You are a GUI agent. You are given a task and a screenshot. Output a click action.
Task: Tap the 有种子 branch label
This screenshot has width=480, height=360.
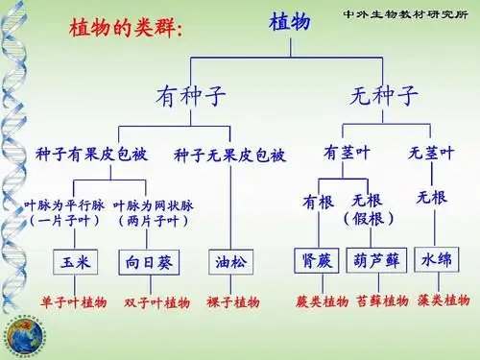pyautogui.click(x=192, y=97)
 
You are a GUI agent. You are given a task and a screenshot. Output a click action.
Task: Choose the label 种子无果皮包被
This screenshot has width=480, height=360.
pyautogui.click(x=229, y=155)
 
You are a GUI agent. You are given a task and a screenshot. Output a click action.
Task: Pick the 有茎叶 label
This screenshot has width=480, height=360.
pyautogui.click(x=347, y=153)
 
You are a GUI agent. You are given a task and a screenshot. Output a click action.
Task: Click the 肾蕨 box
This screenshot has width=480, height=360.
pyautogui.click(x=314, y=259)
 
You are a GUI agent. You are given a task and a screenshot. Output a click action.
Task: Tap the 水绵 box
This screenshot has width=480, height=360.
pyautogui.click(x=437, y=259)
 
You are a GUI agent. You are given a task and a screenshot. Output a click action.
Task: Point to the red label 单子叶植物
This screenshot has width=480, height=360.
pyautogui.click(x=73, y=302)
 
